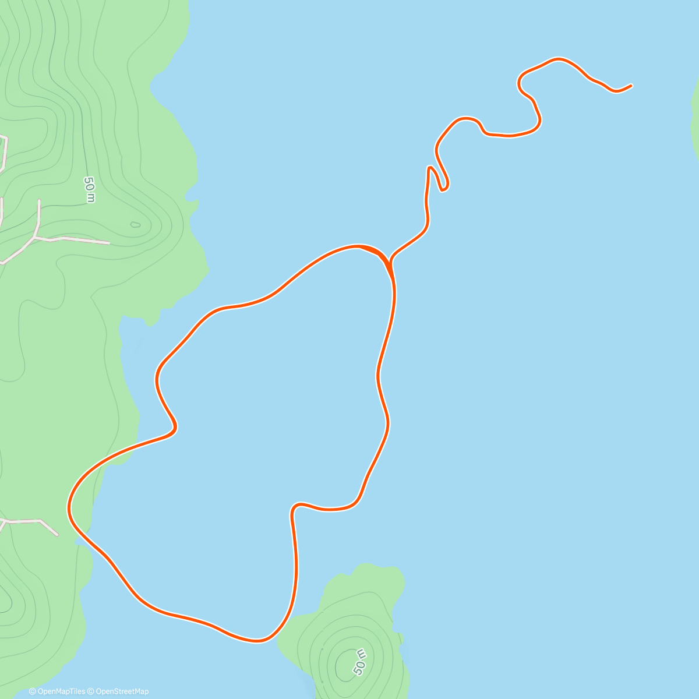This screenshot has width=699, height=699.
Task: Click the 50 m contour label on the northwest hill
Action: click(x=89, y=190)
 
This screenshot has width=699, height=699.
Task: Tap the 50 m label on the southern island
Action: click(x=359, y=661)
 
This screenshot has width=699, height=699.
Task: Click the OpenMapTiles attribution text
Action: click(x=57, y=691)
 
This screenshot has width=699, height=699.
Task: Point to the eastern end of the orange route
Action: click(x=631, y=86)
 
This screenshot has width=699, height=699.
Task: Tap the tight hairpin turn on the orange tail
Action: click(x=444, y=188)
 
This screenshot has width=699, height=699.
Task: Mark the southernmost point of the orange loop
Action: click(x=256, y=641)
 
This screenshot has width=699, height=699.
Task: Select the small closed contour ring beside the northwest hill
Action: click(x=135, y=224)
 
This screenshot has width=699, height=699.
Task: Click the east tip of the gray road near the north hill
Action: click(x=109, y=242)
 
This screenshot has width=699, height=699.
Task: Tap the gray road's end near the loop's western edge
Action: click(x=57, y=534)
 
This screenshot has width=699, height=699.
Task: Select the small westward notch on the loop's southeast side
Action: click(x=292, y=510)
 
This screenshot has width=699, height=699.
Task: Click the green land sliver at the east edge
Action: click(x=694, y=116)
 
